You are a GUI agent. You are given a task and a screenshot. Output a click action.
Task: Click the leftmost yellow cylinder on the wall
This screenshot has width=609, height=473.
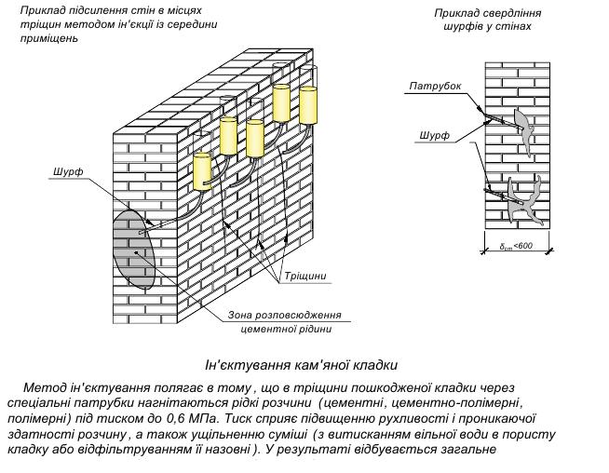(202, 170)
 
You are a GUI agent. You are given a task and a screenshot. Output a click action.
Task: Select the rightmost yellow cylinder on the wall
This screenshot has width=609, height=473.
(308, 103)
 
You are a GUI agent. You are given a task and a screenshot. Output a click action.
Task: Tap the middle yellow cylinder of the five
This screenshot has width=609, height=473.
(254, 138)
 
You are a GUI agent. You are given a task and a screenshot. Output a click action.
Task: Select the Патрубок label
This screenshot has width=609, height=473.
(434, 87)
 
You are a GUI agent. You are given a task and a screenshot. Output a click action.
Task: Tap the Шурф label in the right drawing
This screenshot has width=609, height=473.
(434, 136)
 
